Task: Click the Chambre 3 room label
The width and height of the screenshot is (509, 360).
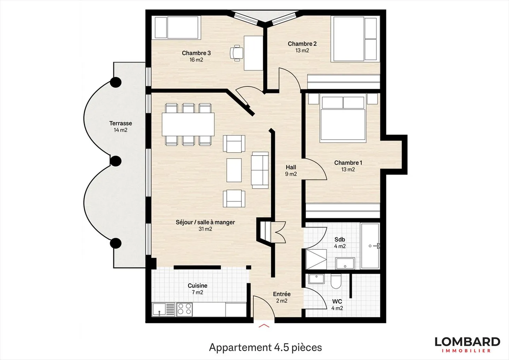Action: [196, 53]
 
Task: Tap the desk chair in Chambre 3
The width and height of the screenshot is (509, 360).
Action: [236, 52]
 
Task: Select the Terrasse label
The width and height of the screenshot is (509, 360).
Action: [121, 123]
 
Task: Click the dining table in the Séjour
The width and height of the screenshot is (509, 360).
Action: [188, 124]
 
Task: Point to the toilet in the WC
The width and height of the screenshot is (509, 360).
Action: [336, 281]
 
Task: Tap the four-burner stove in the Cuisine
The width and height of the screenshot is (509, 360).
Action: [184, 309]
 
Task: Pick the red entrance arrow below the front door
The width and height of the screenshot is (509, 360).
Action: [264, 325]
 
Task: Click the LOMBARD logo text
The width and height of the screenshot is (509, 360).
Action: [467, 342]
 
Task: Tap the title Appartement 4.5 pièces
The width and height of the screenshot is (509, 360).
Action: [265, 347]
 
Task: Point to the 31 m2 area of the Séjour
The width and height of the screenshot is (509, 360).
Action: [205, 229]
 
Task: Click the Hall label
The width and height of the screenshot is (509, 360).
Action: [291, 167]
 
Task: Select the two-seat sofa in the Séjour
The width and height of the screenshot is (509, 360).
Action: [260, 170]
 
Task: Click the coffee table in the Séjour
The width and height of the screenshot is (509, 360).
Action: [234, 170]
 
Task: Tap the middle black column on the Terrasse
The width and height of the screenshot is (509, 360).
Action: [115, 161]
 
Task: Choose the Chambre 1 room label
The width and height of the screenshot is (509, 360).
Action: [348, 163]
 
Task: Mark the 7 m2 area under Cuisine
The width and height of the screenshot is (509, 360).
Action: [197, 292]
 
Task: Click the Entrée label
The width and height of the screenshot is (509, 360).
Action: [282, 294]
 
